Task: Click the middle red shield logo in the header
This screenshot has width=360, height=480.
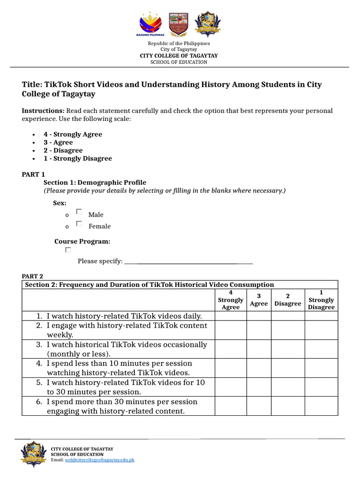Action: click(178, 24)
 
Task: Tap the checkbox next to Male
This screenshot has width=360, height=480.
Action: click(79, 212)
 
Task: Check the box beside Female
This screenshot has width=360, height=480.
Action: click(79, 224)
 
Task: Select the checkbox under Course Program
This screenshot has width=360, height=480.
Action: click(68, 250)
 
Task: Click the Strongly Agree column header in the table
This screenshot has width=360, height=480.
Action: click(231, 300)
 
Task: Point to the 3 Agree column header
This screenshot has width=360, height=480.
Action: click(259, 300)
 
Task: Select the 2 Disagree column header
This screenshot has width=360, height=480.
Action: click(288, 300)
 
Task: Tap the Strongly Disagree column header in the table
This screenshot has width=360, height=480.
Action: click(321, 300)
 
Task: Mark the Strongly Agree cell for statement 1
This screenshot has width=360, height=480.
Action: click(231, 316)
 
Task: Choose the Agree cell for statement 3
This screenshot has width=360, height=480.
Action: click(259, 349)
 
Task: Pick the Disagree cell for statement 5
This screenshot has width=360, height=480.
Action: click(288, 387)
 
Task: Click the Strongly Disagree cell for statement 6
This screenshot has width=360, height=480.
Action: click(321, 406)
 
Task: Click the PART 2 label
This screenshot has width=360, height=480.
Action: click(32, 277)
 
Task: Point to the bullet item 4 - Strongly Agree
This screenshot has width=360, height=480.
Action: click(73, 135)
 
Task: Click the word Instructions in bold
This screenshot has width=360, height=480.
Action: click(43, 111)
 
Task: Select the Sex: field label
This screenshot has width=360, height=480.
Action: click(60, 203)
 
